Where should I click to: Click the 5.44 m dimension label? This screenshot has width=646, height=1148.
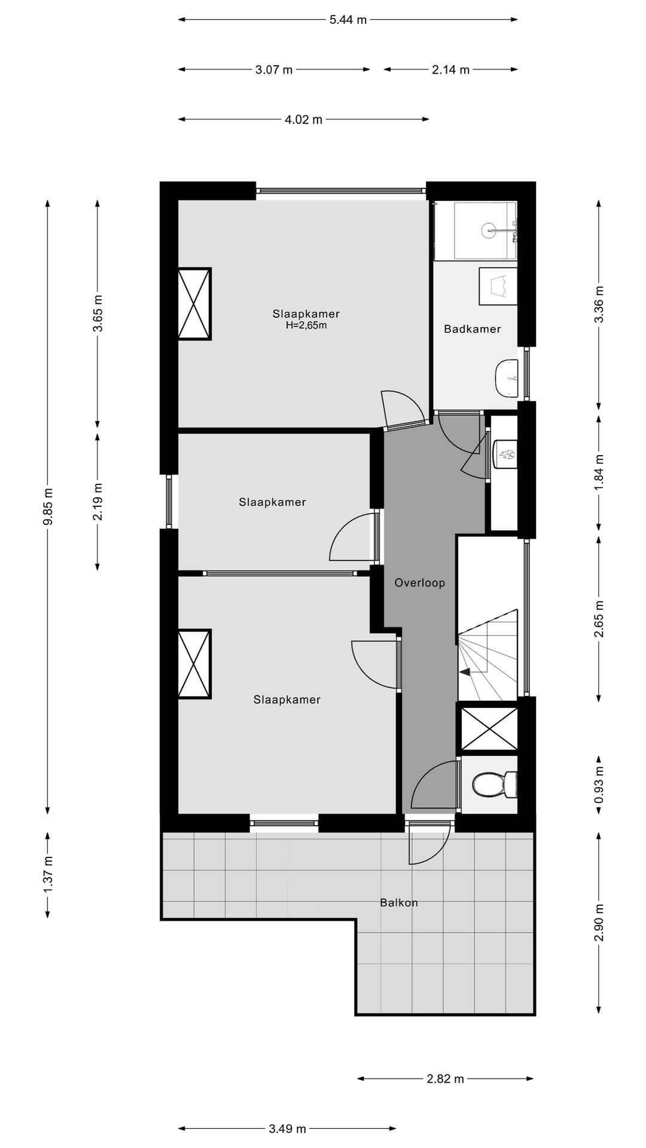(348, 20)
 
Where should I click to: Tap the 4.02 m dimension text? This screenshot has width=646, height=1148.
(303, 120)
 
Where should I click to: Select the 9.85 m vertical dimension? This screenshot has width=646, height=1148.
(48, 506)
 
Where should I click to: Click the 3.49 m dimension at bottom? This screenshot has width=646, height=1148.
(287, 1129)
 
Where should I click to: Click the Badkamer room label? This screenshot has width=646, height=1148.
(472, 329)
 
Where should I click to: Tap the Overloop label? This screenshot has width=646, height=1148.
(419, 583)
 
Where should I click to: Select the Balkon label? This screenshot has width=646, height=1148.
(398, 903)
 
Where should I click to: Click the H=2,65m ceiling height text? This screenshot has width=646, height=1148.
(306, 326)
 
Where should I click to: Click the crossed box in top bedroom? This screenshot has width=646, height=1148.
(194, 304)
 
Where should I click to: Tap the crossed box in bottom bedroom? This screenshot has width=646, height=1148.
(194, 664)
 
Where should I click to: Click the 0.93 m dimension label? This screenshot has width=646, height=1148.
(598, 785)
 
